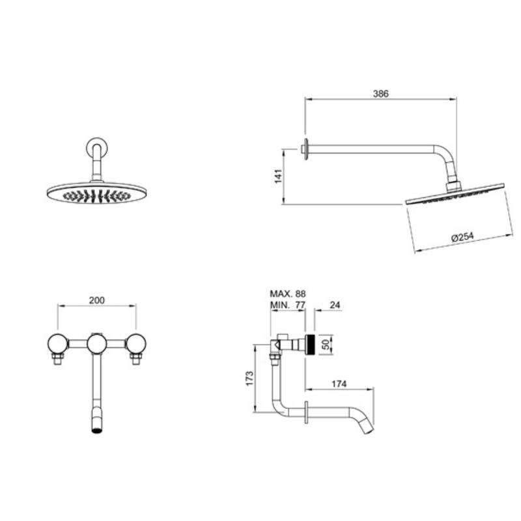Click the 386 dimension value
click(x=380, y=94)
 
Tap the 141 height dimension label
click(x=279, y=176)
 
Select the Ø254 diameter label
click(x=462, y=236)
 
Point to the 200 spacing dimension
click(x=96, y=300)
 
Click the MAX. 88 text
click(x=287, y=294)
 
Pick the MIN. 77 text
click(x=287, y=305)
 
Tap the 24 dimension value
click(x=335, y=305)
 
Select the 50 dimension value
click(x=326, y=345)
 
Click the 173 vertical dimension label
click(x=249, y=378)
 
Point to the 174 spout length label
click(x=339, y=384)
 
